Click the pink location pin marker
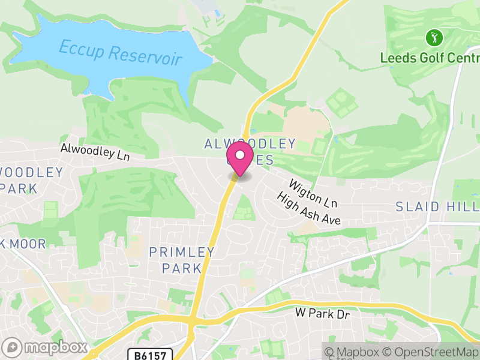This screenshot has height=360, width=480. tap(241, 158)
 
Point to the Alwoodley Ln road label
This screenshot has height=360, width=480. tap(95, 151)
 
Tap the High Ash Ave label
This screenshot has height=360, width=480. tap(308, 209)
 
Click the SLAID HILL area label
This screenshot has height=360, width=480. tap(437, 206)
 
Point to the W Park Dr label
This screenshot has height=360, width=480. tap(322, 313)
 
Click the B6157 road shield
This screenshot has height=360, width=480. tap(149, 355)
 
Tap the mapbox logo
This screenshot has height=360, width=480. tap(46, 347)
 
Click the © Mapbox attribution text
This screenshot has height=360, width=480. tap(359, 352)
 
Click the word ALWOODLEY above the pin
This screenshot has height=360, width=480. tap(250, 143)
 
